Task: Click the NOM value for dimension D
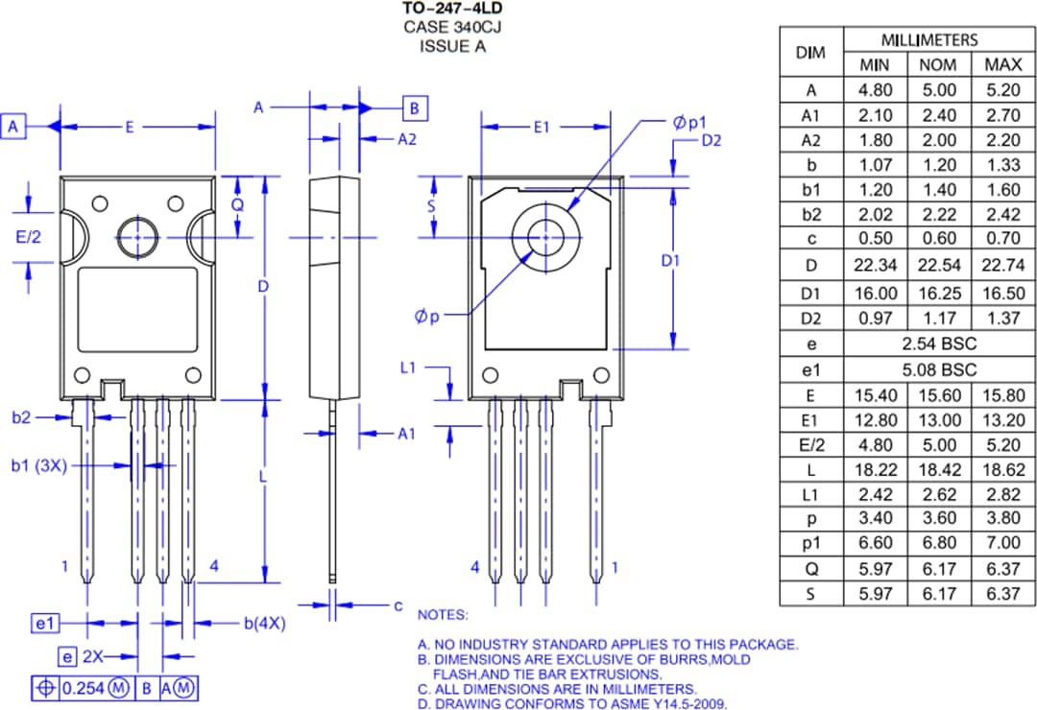click(938, 264)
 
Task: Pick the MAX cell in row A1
click(1003, 115)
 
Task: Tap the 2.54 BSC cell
click(938, 343)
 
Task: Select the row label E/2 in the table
click(810, 445)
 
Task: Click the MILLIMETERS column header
click(928, 39)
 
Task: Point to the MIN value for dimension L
click(875, 470)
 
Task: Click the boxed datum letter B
click(415, 107)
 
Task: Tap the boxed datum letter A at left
click(14, 126)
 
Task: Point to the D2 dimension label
click(711, 141)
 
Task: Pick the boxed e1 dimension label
click(45, 624)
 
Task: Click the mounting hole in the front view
click(137, 235)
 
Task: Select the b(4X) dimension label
click(263, 624)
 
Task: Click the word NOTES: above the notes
click(443, 615)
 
